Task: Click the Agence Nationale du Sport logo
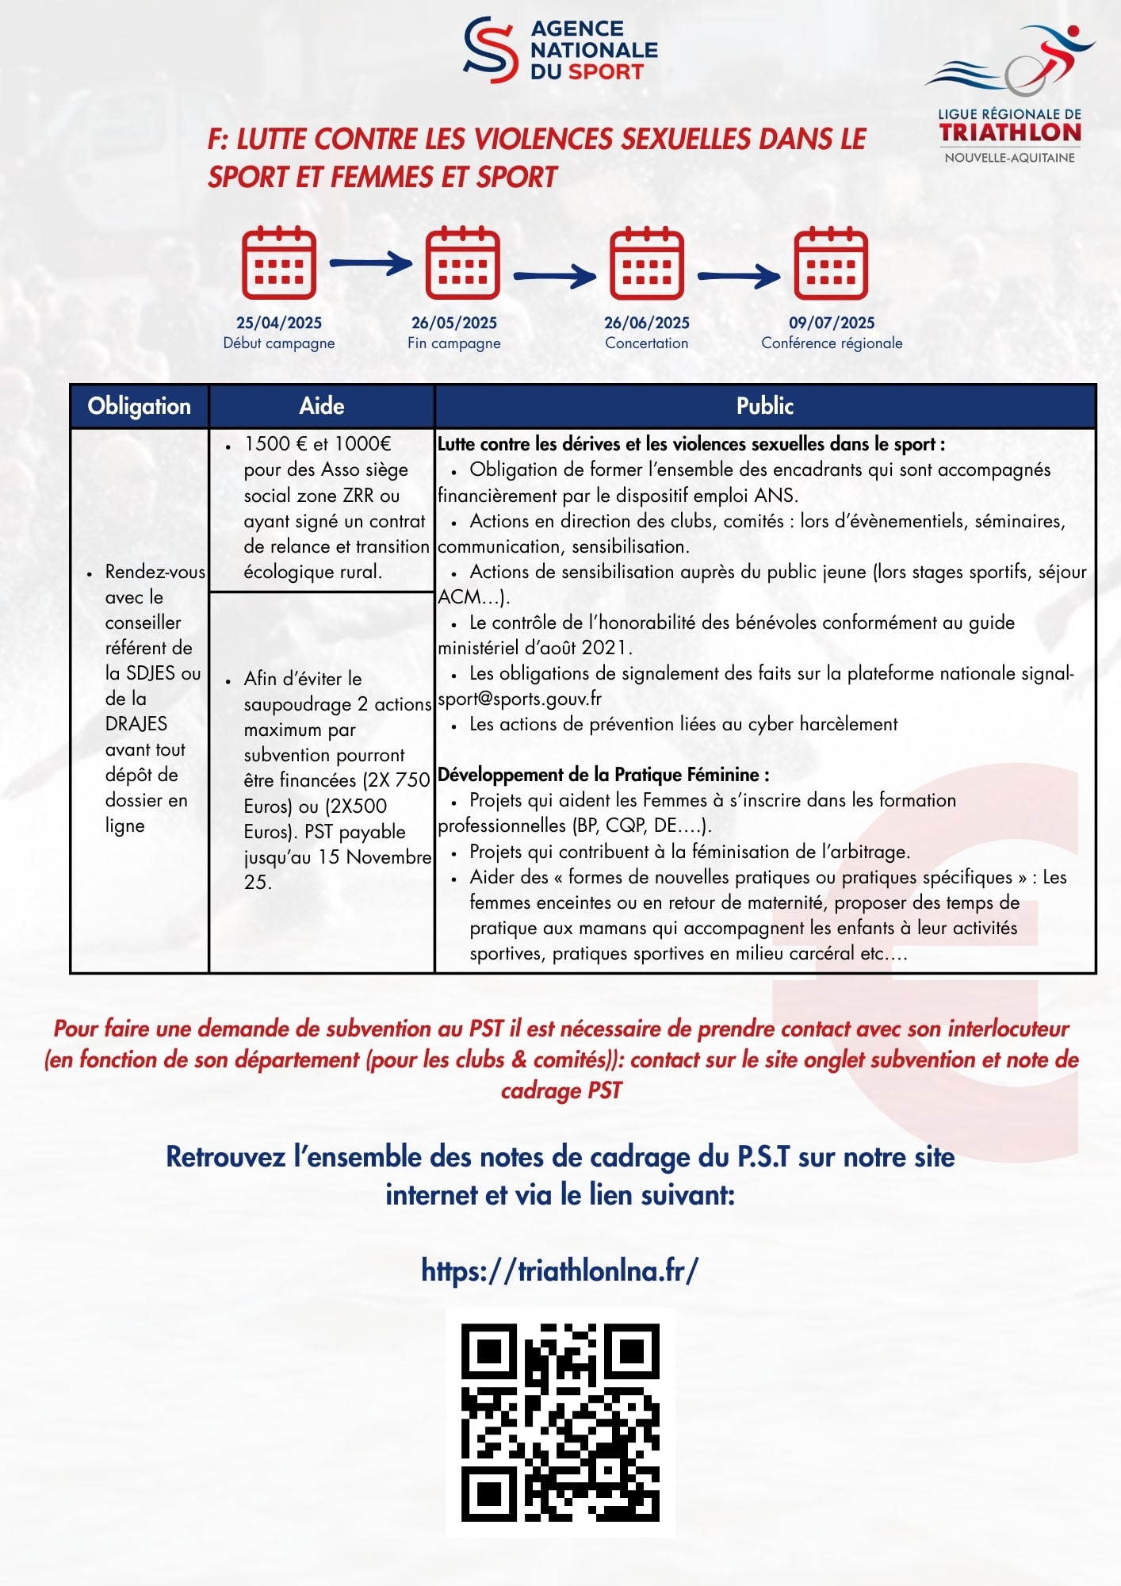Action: [x=560, y=51]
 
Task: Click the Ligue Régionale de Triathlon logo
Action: [x=1010, y=94]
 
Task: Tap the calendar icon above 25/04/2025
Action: [x=279, y=262]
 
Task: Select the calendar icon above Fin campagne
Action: [x=463, y=262]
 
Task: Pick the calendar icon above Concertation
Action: [x=647, y=262]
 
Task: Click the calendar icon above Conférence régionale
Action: [x=831, y=262]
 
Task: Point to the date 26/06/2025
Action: [x=647, y=323]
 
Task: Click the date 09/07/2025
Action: [x=832, y=323]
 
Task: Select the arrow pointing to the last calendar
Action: [x=739, y=276]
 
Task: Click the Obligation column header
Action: [x=140, y=406]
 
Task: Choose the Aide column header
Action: [x=322, y=406]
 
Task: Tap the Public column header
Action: [x=765, y=406]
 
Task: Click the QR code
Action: [x=560, y=1423]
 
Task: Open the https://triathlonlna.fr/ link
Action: [x=560, y=1270]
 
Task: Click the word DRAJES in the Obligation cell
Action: [x=136, y=724]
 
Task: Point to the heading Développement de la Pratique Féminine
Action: [x=603, y=775]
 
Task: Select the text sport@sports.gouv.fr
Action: [x=520, y=699]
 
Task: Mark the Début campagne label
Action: [x=279, y=343]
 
